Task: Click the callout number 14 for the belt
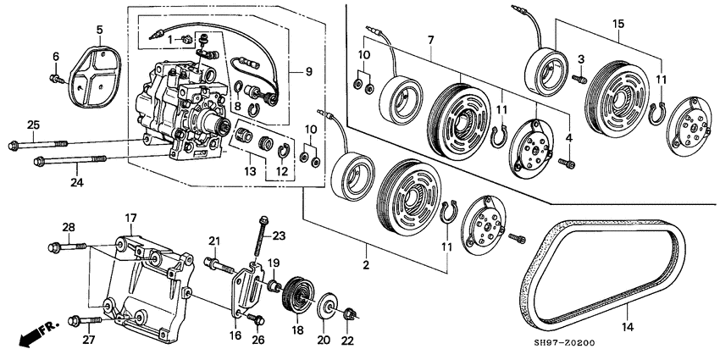click(628, 325)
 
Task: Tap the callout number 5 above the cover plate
click(99, 30)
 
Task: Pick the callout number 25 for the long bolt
click(32, 125)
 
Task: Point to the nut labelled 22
click(349, 317)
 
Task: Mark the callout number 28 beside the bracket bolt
click(68, 226)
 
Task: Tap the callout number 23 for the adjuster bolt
click(280, 236)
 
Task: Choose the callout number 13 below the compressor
click(248, 170)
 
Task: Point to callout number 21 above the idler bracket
click(214, 240)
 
